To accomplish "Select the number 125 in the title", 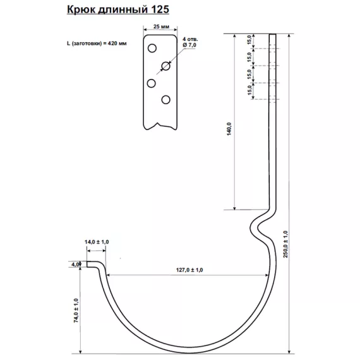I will (159, 11).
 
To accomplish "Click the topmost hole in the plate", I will (152, 49).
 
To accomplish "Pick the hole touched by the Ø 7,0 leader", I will (166, 66).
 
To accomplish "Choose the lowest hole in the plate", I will (166, 99).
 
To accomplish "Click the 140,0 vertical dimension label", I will (230, 129).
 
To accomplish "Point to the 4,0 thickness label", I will (76, 264).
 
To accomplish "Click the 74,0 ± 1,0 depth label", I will (76, 311).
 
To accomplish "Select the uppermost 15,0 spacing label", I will (249, 40).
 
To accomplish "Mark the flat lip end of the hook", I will (92, 265).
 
